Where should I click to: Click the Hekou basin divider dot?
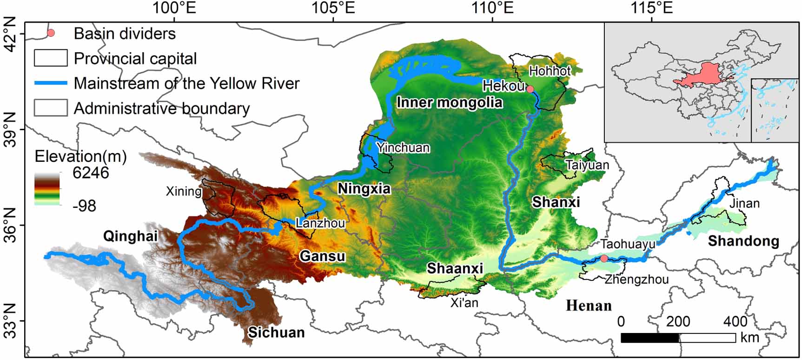530,89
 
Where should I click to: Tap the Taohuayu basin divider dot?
603,258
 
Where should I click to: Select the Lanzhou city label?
320,223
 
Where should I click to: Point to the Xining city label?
184,191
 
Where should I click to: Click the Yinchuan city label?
403,148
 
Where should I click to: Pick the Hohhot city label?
550,71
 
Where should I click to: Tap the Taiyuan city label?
587,165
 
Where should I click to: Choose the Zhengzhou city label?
636,279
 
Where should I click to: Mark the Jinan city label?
744,203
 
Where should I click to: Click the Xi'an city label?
464,303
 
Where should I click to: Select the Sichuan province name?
276,333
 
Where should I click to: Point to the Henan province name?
589,306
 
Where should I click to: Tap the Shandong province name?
743,241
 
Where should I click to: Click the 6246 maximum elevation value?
91,173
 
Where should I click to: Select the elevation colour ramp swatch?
47,188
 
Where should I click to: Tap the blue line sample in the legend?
51,83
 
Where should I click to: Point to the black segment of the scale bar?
650,338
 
